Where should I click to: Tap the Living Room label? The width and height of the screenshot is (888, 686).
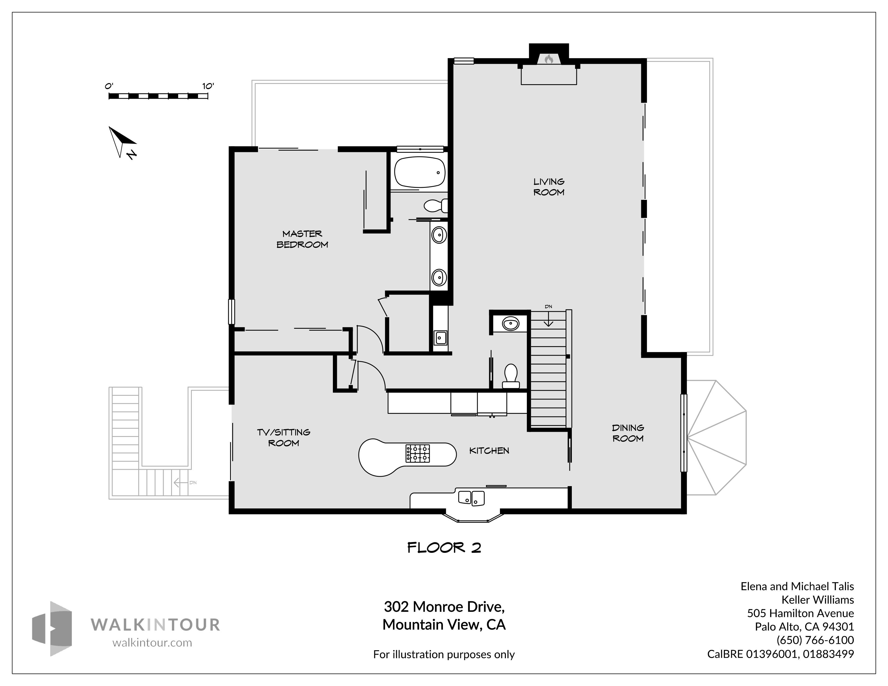549,187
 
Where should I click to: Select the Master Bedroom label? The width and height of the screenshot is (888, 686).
302,239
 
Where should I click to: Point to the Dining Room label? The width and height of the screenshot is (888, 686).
628,433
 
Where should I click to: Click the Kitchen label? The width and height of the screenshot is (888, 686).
489,450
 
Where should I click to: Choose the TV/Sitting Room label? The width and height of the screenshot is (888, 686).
283,437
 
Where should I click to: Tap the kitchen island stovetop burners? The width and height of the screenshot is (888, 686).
418,453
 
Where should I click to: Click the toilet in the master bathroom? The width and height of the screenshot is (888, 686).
435,206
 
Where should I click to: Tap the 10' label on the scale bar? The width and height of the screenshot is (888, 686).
208,86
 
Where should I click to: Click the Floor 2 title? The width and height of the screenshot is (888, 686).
444,548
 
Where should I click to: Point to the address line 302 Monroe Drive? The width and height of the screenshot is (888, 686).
444,607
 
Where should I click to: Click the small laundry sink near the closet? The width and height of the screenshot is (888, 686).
440,337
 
